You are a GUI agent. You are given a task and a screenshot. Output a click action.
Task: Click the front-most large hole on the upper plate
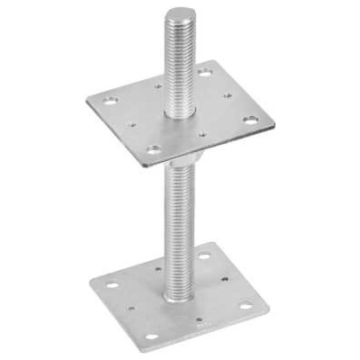click(155, 149)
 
